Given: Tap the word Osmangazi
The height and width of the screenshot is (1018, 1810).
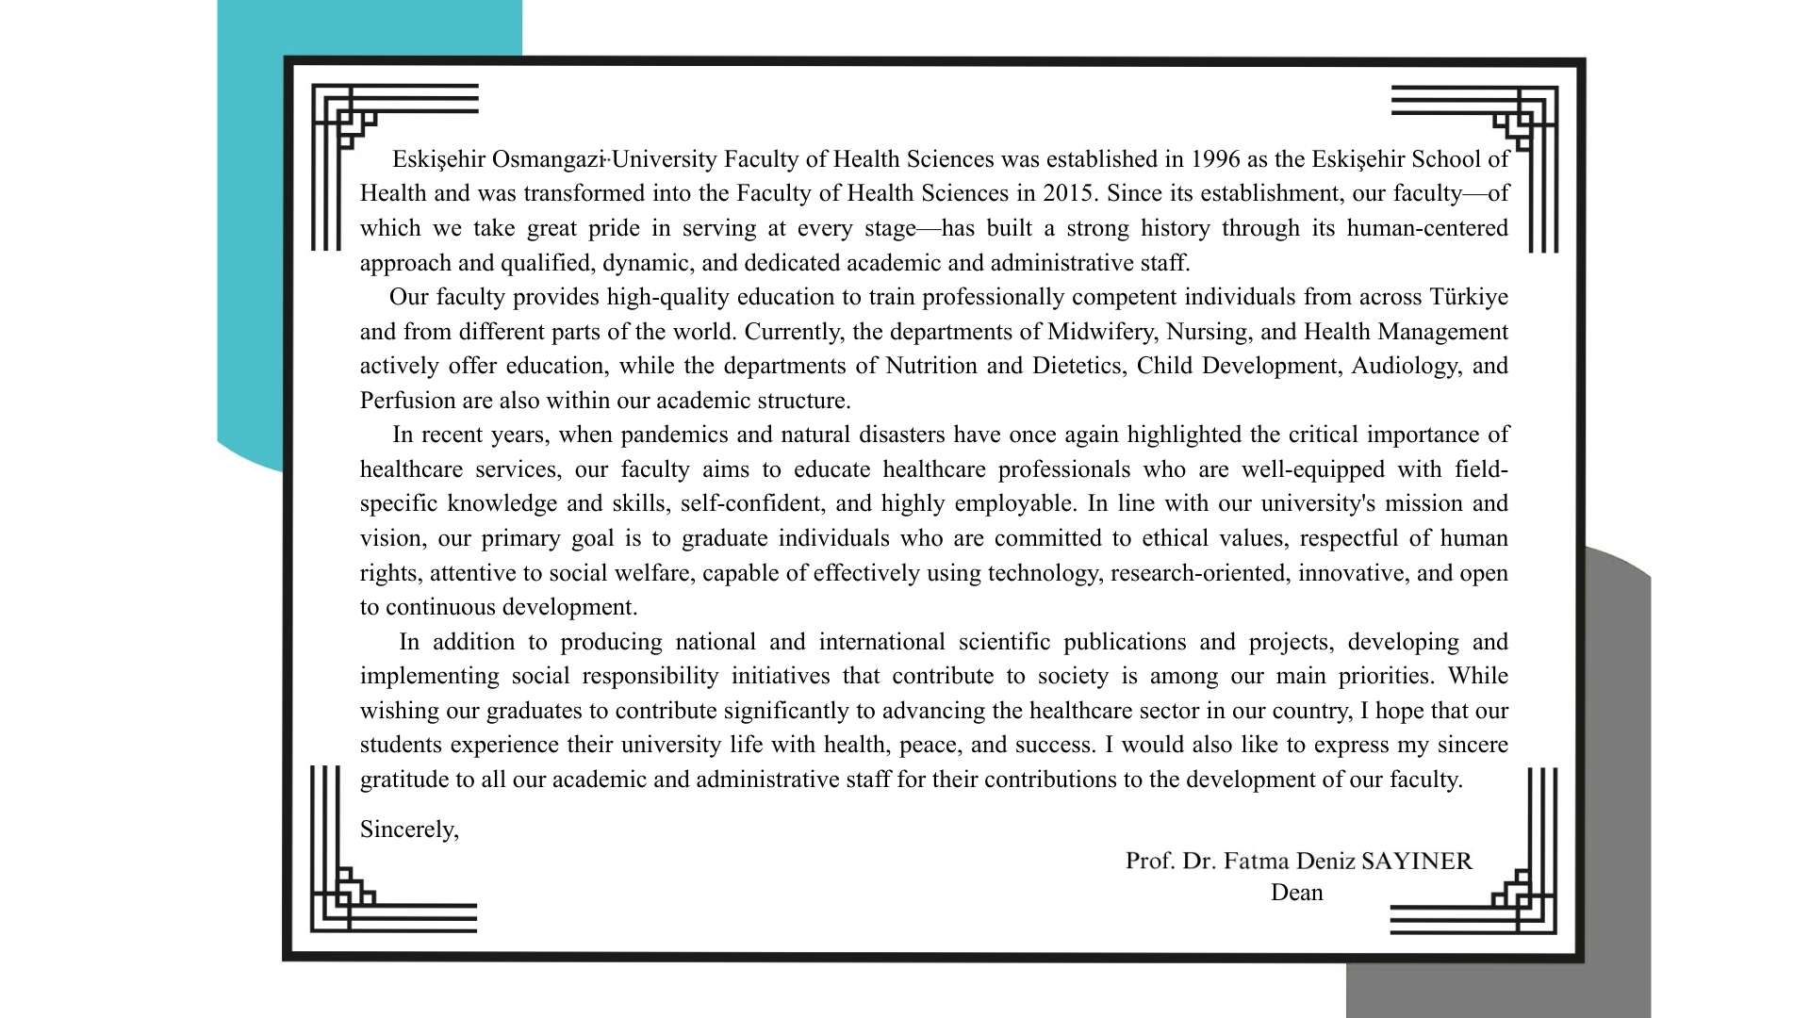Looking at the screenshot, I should click(x=547, y=159).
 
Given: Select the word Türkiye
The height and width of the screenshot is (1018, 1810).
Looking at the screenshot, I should click(x=1469, y=297).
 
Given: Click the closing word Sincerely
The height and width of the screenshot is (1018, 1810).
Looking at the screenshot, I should click(x=409, y=829).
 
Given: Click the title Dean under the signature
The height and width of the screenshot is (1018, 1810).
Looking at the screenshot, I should click(x=1296, y=893).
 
